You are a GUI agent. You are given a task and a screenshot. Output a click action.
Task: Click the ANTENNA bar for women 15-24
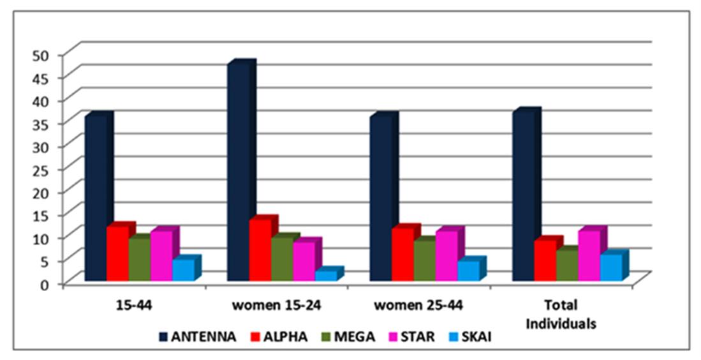(x=238, y=172)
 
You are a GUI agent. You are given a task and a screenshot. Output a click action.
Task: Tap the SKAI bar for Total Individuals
(x=610, y=267)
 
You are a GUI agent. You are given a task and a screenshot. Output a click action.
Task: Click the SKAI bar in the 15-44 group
(x=183, y=269)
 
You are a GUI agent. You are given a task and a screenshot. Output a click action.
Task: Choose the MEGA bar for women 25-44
(x=424, y=260)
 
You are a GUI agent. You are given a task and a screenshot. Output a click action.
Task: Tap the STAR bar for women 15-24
(x=304, y=261)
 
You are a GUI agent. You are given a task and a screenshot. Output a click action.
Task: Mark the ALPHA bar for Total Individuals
(x=545, y=260)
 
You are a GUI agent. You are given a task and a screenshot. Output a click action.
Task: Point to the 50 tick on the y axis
(x=40, y=55)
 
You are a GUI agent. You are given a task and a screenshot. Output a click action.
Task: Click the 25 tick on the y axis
(x=40, y=169)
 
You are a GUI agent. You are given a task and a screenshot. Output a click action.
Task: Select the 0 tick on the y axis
(x=44, y=283)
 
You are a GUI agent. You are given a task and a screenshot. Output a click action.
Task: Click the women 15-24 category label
(x=276, y=305)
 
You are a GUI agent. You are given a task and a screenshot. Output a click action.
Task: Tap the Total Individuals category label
(x=561, y=314)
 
